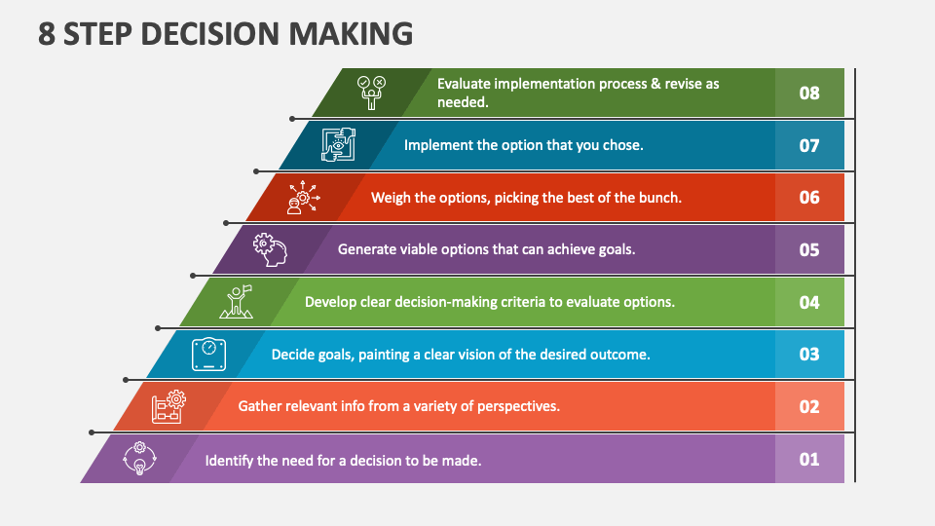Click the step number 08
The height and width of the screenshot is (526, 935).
(x=809, y=94)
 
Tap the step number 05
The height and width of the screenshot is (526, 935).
(x=809, y=250)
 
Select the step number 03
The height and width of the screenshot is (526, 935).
(x=809, y=355)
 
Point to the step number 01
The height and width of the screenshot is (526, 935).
(x=809, y=459)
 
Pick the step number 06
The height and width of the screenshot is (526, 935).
(x=809, y=198)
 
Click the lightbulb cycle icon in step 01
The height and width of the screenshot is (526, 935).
(x=139, y=459)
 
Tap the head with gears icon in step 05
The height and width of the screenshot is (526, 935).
(x=270, y=250)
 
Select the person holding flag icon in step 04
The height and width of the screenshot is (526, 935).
(x=236, y=302)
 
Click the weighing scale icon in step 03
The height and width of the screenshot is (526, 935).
(x=208, y=355)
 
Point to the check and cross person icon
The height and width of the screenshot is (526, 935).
(x=371, y=93)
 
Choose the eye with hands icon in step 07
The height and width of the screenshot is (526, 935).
(x=339, y=145)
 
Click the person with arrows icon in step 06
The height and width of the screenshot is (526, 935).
(x=304, y=197)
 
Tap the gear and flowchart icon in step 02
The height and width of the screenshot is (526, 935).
(x=168, y=407)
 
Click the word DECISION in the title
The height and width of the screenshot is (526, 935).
(x=210, y=34)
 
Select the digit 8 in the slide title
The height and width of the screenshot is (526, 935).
(x=47, y=34)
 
